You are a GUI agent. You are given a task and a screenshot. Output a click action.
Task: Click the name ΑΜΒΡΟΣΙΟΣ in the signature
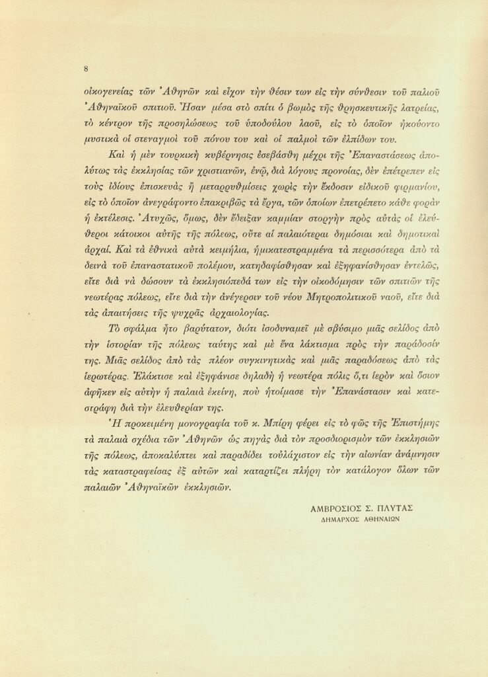(336, 508)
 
